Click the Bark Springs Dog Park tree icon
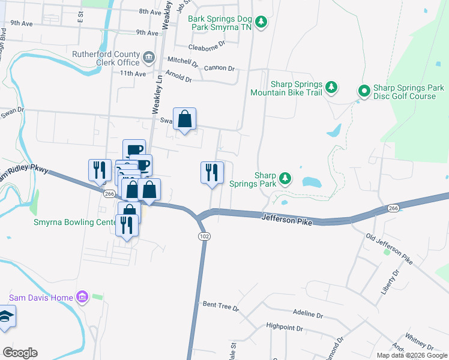[261, 23]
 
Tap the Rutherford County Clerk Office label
[106, 58]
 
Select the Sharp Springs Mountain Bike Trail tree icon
[331, 88]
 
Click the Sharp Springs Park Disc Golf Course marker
[364, 91]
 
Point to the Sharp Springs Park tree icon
[285, 178]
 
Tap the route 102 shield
[204, 236]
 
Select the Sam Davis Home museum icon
[82, 297]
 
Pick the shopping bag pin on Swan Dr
[185, 119]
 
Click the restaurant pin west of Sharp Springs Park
[212, 173]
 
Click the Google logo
[20, 353]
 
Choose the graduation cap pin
[5, 317]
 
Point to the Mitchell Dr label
[182, 61]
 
